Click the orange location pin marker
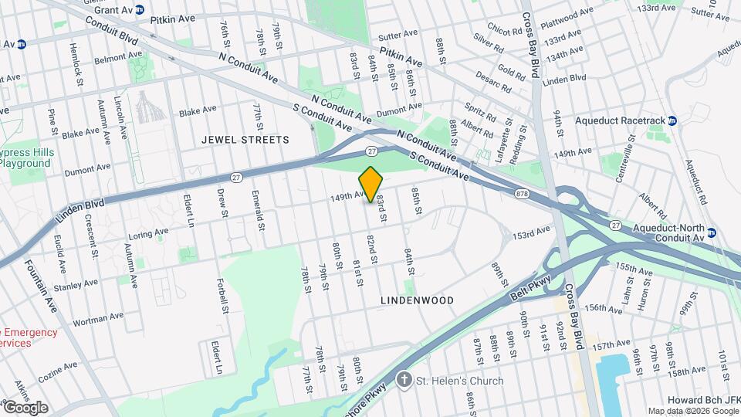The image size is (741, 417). click(371, 185)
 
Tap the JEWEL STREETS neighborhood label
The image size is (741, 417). click(245, 140)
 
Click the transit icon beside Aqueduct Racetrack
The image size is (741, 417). click(672, 120)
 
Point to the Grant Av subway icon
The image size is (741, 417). click(140, 10)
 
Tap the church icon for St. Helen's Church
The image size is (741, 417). click(403, 380)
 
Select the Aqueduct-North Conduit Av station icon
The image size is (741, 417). click(711, 232)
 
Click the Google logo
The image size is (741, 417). click(25, 407)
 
